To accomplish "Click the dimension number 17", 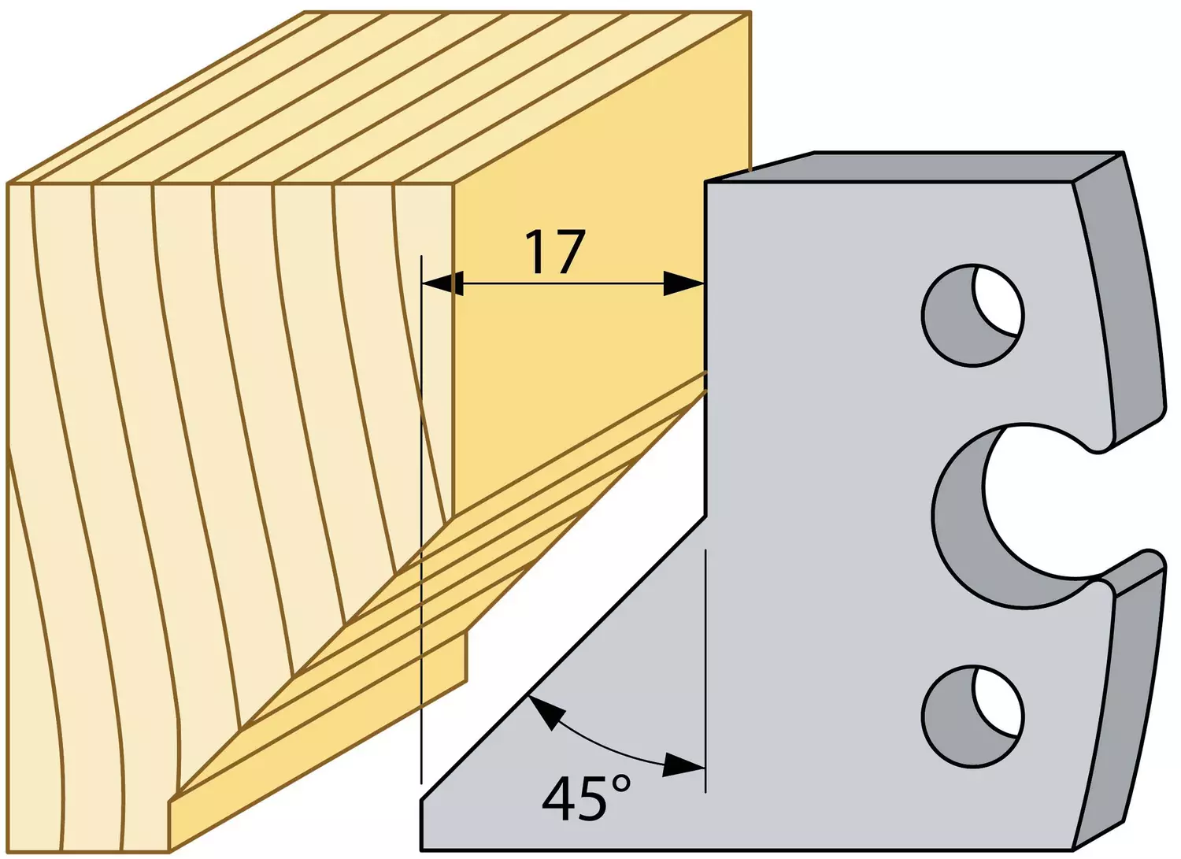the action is pyautogui.click(x=556, y=252).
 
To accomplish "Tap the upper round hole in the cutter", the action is pyautogui.click(x=972, y=316).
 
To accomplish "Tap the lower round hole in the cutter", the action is pyautogui.click(x=972, y=717).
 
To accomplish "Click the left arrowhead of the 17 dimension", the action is pyautogui.click(x=442, y=283).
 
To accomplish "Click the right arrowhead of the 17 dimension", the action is pyautogui.click(x=684, y=283).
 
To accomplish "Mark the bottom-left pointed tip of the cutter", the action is pyautogui.click(x=422, y=801).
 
